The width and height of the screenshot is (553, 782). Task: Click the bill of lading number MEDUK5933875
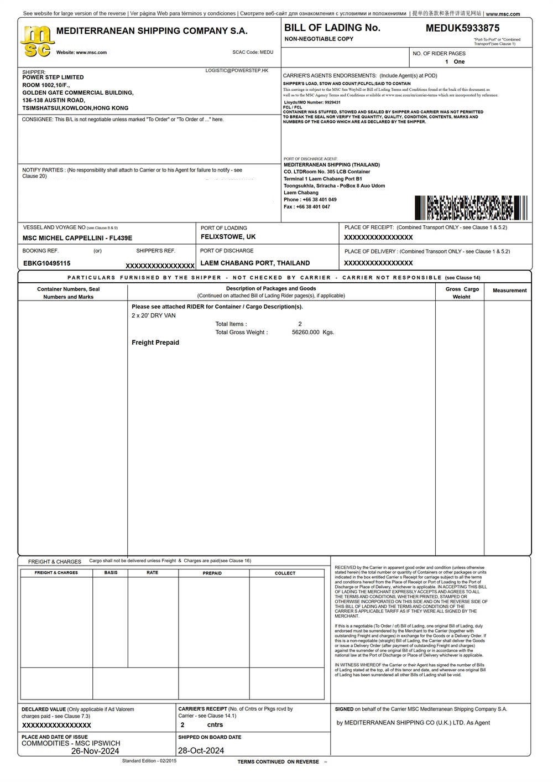click(x=462, y=28)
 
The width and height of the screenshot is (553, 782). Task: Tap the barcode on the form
click(x=471, y=208)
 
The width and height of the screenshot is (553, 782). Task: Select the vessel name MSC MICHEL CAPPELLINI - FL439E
click(x=77, y=238)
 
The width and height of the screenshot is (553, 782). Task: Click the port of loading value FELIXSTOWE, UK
click(x=228, y=237)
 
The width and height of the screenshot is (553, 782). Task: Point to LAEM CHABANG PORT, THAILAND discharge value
click(x=255, y=263)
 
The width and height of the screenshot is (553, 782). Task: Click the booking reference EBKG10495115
click(x=47, y=263)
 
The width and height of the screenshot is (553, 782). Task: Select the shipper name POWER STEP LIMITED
click(x=53, y=77)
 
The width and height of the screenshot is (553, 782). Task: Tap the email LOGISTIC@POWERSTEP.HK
click(x=237, y=71)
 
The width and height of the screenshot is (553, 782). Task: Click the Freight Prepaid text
click(x=155, y=343)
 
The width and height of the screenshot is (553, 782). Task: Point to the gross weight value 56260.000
click(x=306, y=333)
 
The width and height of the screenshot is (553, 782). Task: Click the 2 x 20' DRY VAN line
click(x=154, y=315)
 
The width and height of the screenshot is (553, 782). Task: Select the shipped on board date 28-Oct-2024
click(x=201, y=750)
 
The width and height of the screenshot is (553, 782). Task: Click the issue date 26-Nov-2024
click(x=95, y=751)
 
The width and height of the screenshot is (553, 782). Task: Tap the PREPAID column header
click(x=212, y=573)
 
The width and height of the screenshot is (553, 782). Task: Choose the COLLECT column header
click(x=285, y=573)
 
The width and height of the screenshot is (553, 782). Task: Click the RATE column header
click(x=153, y=573)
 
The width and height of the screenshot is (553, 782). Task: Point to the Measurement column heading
click(x=509, y=291)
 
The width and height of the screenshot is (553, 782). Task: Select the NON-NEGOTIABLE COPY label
click(x=319, y=39)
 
